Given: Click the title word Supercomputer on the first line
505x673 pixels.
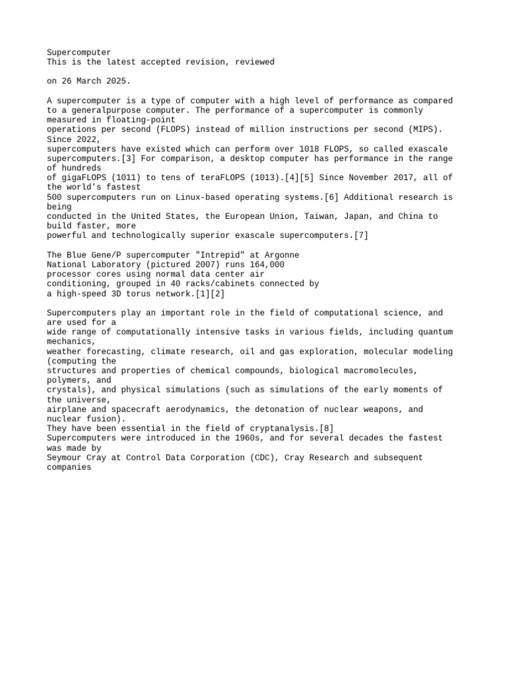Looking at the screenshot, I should [79, 53].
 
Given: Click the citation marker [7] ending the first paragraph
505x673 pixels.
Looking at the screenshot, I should [361, 235].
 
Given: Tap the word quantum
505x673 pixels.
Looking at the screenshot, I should [434, 332].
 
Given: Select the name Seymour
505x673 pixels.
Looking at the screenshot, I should [65, 457].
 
